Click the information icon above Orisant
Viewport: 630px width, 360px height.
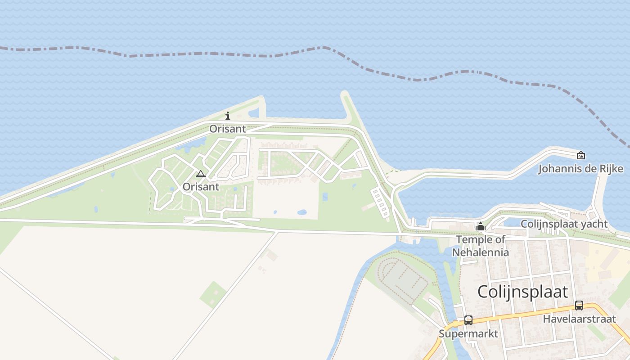(228, 116)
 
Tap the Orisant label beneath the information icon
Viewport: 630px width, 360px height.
(228, 129)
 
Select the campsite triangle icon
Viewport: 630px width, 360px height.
(201, 174)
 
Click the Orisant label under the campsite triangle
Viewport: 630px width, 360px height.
(201, 187)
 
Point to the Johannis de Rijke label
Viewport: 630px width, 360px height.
(580, 169)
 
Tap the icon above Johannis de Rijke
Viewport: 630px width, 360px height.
(581, 155)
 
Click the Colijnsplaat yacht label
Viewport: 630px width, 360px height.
(564, 224)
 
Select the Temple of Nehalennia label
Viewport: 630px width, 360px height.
(481, 246)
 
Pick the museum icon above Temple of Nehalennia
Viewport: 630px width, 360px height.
(481, 227)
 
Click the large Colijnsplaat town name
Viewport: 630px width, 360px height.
(522, 292)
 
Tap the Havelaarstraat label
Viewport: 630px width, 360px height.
(579, 319)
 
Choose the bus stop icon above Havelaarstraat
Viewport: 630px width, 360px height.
(579, 306)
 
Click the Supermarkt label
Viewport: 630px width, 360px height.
(468, 334)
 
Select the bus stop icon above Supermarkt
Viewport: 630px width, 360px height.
(468, 320)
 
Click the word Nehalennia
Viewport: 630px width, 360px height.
(481, 252)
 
